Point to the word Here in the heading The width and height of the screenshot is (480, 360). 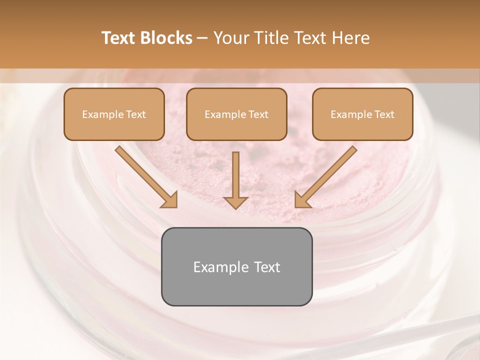[350, 38]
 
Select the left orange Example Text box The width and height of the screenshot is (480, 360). [114, 114]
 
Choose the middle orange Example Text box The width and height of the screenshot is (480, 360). [236, 114]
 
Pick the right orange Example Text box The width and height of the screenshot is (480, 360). [362, 114]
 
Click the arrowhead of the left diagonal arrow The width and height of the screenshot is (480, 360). [169, 200]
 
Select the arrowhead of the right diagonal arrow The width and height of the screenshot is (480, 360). [302, 200]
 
